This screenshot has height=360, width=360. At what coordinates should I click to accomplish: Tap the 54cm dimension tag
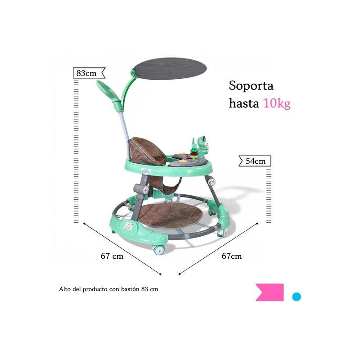[255, 161]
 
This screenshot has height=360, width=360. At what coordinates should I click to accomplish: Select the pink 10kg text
[277, 103]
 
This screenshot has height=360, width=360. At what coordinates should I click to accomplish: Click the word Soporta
[251, 85]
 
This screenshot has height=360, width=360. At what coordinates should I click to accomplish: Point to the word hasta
[244, 103]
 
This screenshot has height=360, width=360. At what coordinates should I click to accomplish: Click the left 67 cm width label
[112, 256]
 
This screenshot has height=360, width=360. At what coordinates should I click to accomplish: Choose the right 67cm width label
[232, 256]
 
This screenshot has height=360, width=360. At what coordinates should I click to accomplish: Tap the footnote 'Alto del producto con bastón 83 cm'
[108, 289]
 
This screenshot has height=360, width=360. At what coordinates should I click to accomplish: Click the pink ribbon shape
[270, 292]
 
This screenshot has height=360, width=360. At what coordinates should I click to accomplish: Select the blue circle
[297, 297]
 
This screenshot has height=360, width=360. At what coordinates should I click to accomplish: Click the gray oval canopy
[170, 68]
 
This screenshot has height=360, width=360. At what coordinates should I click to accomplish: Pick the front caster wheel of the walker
[159, 250]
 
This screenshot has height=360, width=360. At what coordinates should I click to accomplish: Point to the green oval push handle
[108, 91]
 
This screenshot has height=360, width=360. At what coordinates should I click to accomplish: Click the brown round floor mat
[171, 215]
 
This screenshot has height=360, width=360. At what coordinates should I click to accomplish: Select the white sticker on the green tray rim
[146, 171]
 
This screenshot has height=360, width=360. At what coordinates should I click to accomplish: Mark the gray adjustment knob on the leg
[142, 189]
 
